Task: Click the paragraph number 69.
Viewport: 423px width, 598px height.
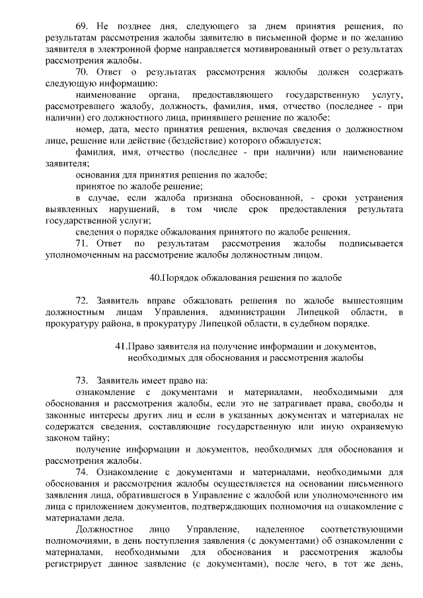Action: click(x=83, y=26)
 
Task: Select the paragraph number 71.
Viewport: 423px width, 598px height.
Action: click(x=83, y=243)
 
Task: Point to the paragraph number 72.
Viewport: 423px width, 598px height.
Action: click(x=83, y=300)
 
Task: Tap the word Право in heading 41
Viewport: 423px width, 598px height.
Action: click(x=140, y=346)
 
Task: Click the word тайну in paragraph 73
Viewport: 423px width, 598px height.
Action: click(x=95, y=437)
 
